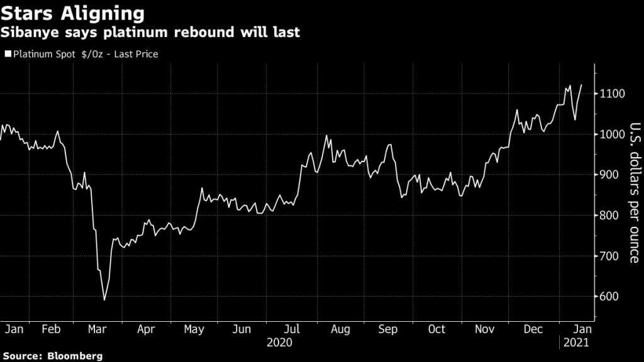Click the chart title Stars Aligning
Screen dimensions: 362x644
(x=73, y=13)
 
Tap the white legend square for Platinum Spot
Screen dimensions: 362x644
(x=8, y=54)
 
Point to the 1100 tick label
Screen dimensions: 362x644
(x=612, y=94)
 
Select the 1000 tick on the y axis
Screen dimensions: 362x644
(x=612, y=134)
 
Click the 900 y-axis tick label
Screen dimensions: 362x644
(x=610, y=175)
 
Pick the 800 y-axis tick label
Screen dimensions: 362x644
(x=610, y=216)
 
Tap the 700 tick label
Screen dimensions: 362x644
(x=610, y=256)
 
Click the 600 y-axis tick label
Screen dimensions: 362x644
(x=610, y=297)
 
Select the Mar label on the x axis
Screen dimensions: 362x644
(x=97, y=329)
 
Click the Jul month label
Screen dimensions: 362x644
(x=292, y=329)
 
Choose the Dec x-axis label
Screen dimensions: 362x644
(x=533, y=329)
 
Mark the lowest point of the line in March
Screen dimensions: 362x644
(x=104, y=300)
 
